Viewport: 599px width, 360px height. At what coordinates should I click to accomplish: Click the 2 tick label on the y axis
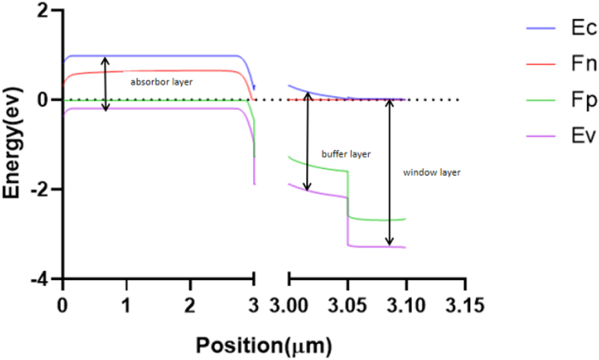[43, 11]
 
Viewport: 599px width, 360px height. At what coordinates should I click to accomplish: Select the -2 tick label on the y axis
[40, 190]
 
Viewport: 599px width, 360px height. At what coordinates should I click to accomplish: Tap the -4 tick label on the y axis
[40, 279]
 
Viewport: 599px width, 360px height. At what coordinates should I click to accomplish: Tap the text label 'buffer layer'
[346, 154]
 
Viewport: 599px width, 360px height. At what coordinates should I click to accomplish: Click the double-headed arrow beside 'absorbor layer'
[105, 84]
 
